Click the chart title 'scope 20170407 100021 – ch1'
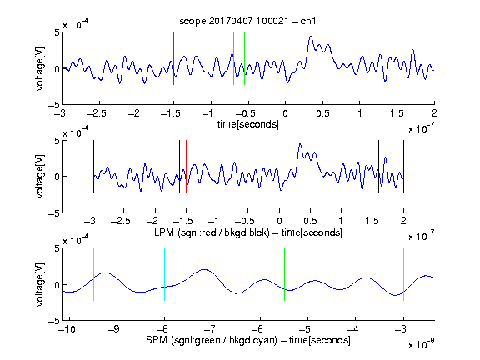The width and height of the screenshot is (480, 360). coord(247,21)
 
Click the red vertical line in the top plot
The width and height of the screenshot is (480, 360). coord(173,58)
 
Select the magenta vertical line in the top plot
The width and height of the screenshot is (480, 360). coord(397,58)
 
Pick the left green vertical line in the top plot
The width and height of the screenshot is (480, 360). coord(233,58)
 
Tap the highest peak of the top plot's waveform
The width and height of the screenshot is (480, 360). coord(310,37)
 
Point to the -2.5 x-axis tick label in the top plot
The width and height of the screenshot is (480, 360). coord(96,114)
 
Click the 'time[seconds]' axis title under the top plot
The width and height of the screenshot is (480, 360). coord(248,124)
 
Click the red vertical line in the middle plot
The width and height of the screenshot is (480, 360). coord(186,167)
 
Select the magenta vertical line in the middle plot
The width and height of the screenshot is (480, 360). coord(372,167)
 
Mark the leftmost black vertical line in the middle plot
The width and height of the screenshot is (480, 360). coord(93,167)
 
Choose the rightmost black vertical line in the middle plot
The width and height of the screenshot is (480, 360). coord(403,167)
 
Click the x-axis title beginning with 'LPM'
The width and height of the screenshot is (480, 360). coord(248,232)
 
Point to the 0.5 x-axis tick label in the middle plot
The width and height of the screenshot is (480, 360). coord(310,221)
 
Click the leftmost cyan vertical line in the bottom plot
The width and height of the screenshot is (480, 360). coord(93,274)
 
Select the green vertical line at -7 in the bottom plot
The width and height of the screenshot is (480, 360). coord(212,274)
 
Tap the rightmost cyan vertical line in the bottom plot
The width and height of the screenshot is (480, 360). coord(403,274)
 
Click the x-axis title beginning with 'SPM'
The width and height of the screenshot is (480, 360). coord(248,340)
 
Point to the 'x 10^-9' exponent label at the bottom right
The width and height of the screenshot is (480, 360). coord(421,344)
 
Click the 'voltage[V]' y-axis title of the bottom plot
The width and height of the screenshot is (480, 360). coord(40,284)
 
